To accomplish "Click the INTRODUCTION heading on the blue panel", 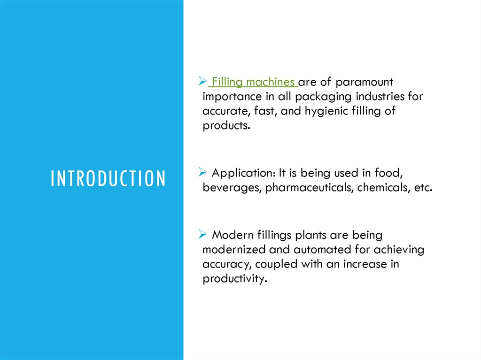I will pyautogui.click(x=108, y=179).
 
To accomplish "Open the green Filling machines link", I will pyautogui.click(x=253, y=82).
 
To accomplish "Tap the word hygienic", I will pyautogui.click(x=332, y=111).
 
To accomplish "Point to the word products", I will pyautogui.click(x=224, y=126).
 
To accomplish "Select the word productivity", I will pyautogui.click(x=234, y=279).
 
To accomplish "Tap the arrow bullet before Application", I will pyautogui.click(x=203, y=173).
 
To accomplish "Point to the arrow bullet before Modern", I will pyautogui.click(x=203, y=234).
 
